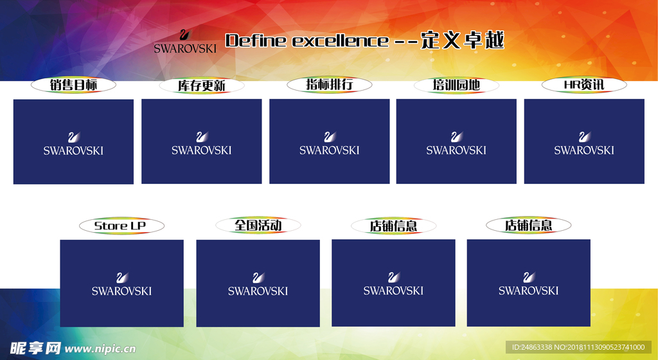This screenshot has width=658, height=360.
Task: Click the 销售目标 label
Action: [73, 84]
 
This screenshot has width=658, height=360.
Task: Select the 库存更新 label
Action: [202, 85]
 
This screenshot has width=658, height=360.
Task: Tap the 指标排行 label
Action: [330, 84]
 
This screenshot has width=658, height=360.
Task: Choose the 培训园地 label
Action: [456, 85]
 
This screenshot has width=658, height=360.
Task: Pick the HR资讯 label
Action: [583, 84]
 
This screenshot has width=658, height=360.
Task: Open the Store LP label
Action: [121, 226]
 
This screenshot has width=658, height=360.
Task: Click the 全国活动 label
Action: [258, 225]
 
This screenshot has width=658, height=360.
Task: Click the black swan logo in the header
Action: [184, 35]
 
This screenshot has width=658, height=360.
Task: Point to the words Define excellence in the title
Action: [307, 41]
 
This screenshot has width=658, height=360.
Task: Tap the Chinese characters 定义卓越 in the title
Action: [463, 40]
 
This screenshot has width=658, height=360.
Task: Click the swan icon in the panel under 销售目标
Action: [74, 137]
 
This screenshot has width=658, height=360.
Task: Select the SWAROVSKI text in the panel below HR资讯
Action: [584, 150]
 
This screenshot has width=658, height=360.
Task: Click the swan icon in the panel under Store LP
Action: [122, 278]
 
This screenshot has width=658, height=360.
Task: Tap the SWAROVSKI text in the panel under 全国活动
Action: [258, 291]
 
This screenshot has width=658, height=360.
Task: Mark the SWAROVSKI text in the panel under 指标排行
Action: [329, 150]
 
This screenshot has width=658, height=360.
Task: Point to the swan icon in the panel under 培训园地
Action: [456, 137]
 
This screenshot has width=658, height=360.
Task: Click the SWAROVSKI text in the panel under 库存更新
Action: [201, 150]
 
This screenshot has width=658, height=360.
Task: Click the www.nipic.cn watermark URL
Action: [101, 349]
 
